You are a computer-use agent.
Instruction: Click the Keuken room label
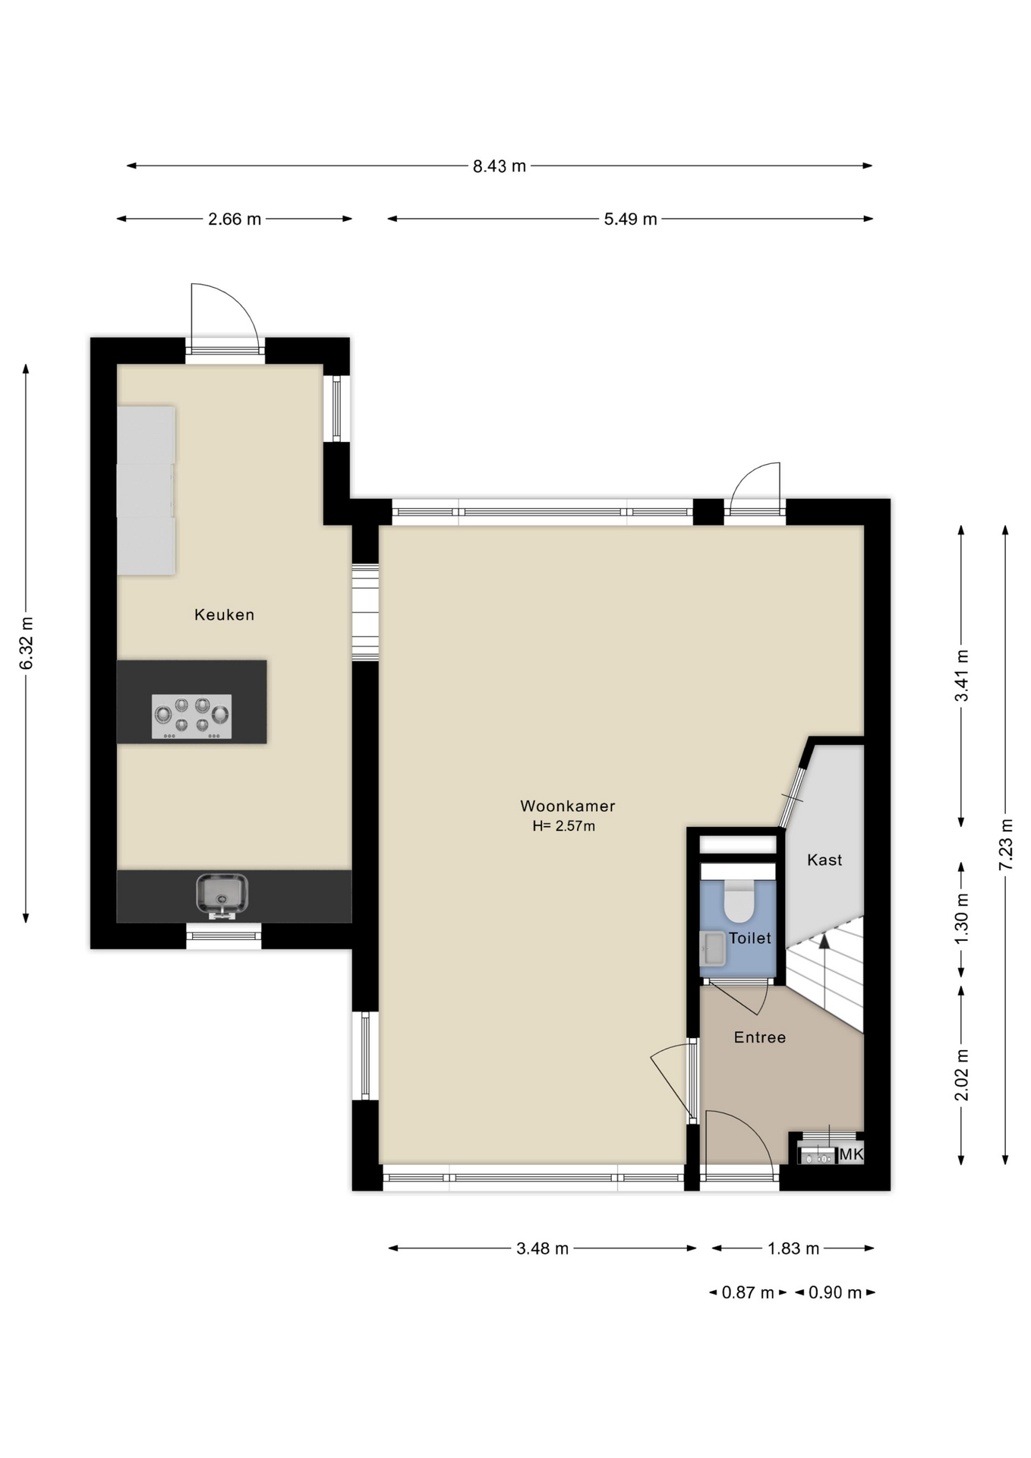click(224, 614)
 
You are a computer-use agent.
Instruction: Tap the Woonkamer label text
click(567, 806)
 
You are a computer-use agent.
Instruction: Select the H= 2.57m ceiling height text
click(563, 826)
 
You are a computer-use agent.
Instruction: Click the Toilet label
click(749, 938)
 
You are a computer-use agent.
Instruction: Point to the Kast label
click(824, 860)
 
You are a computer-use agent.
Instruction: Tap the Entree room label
click(759, 1037)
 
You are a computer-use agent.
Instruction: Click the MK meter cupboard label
click(851, 1154)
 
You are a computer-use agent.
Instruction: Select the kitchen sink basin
click(222, 893)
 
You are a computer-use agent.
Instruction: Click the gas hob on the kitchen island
click(191, 716)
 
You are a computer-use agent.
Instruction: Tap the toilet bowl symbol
click(739, 901)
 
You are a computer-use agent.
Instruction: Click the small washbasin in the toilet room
click(713, 948)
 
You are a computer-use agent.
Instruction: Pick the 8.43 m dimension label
click(499, 166)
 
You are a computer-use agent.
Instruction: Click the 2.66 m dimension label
click(235, 219)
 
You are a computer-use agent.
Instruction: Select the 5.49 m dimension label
click(630, 219)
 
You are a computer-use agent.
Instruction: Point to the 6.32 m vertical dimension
click(27, 643)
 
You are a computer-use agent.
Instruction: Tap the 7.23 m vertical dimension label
click(1006, 844)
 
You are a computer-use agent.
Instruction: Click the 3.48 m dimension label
click(542, 1248)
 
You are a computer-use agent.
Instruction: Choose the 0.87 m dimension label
click(747, 1292)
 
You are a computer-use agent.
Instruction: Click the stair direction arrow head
click(824, 942)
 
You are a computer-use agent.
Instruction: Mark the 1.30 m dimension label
click(962, 919)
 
